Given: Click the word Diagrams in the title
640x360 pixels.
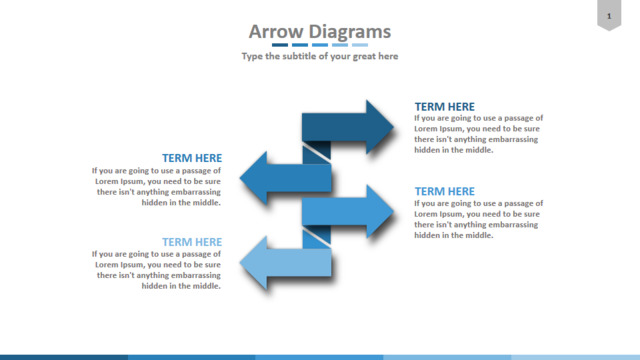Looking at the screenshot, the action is click(350, 32).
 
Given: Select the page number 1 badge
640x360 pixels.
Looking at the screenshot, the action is click(609, 15).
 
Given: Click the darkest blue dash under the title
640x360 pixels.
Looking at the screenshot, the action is click(280, 45).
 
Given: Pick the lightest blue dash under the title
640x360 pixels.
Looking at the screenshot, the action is click(360, 45).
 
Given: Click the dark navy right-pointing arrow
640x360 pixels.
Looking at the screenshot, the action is click(348, 127).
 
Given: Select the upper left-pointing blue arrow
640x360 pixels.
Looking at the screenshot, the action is click(286, 178).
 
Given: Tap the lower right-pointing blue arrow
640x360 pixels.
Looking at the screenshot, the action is click(348, 211).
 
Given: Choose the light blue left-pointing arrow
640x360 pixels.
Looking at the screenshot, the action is click(286, 263).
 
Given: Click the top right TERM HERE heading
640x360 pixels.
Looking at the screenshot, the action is click(444, 107).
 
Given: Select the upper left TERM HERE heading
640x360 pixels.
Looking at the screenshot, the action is click(192, 158).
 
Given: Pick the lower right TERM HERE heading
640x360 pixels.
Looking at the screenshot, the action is click(444, 191).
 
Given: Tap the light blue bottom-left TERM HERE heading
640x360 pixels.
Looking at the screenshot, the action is click(192, 242).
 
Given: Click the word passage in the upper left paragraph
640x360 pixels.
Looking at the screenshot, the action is click(197, 171).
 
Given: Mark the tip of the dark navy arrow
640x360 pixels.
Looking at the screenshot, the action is click(394, 127).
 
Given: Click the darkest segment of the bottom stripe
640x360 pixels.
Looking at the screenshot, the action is click(64, 358).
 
